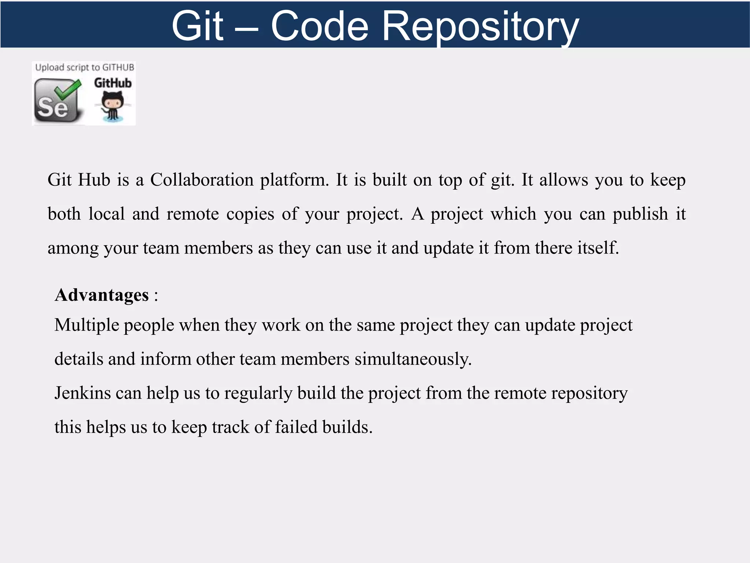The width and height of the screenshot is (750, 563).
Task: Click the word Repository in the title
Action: click(480, 26)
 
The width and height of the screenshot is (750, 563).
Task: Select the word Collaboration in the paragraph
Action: click(202, 180)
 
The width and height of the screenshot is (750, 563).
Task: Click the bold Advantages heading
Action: click(102, 295)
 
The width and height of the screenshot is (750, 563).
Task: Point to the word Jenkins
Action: click(82, 393)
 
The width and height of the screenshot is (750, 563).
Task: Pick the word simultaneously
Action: click(413, 359)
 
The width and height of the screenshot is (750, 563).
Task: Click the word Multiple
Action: click(86, 325)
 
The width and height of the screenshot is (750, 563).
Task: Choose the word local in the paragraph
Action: click(107, 214)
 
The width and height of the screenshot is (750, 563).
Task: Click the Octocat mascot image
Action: click(112, 106)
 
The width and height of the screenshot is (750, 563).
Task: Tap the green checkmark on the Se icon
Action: click(68, 90)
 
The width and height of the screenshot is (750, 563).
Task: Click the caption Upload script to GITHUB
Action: click(85, 67)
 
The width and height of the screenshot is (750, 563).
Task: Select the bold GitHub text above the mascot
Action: click(112, 83)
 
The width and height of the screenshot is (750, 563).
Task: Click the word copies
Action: click(250, 214)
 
